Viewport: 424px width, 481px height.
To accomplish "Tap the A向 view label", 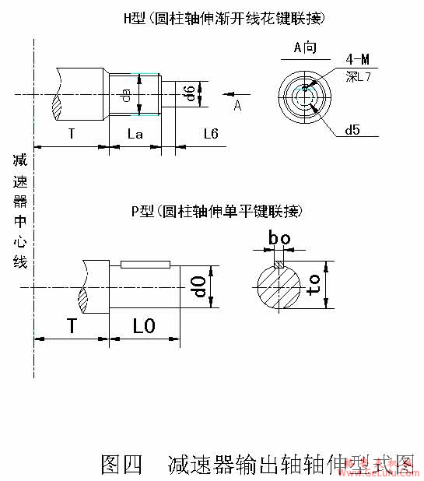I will (305, 48).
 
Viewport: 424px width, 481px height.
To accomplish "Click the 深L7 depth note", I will (359, 74).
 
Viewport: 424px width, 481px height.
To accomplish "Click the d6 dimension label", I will (189, 94).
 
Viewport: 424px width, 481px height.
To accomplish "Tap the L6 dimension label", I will (210, 134).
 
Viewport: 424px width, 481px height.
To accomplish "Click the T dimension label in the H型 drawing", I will (71, 134).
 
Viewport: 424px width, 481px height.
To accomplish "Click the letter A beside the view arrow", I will (238, 107).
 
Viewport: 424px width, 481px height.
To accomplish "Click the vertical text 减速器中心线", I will (19, 210).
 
